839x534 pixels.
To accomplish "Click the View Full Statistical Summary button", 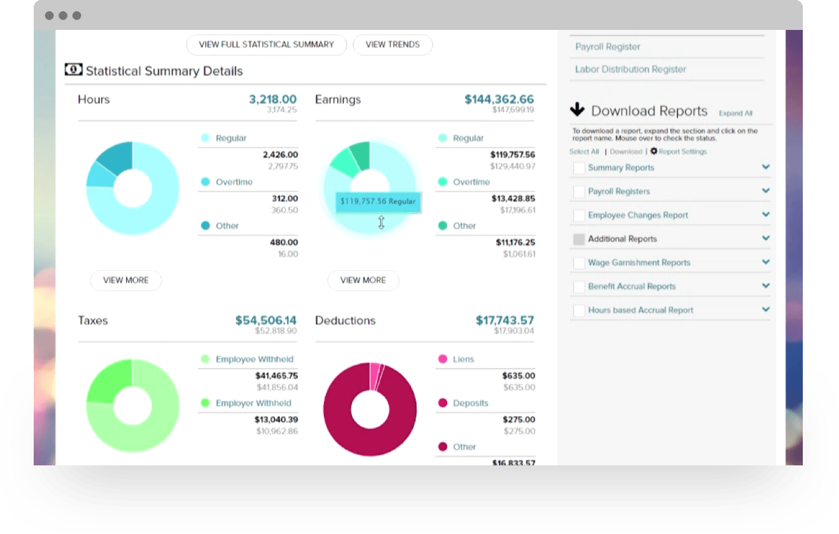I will coord(266,45).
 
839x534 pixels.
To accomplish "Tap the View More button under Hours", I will coord(126,281).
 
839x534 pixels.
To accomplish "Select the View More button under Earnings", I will coord(363,281).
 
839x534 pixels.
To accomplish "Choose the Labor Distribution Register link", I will coord(630,69).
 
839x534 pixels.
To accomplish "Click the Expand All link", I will coord(735,114).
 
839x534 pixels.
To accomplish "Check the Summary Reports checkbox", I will coord(579,168).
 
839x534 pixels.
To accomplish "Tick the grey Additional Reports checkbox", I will coord(579,239).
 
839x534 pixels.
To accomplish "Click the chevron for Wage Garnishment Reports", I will coord(766,262).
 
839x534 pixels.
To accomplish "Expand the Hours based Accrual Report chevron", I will coord(766,309).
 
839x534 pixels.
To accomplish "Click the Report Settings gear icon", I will coord(654,151).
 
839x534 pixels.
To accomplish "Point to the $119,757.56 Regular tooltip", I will coord(378,202).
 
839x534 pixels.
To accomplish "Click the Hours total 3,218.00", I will coord(273,99).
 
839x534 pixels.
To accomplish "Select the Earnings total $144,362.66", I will coord(499,99).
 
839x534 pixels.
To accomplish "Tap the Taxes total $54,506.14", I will coord(266,320).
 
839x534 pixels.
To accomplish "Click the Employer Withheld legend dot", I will coord(205,403).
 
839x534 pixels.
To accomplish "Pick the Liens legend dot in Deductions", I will coord(443,359).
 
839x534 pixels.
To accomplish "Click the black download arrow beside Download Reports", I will coord(577,110).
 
